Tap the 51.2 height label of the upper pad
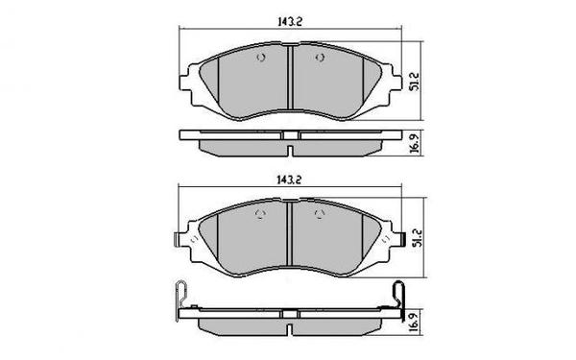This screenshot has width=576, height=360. [x=415, y=76]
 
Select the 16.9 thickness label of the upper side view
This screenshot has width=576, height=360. [x=415, y=142]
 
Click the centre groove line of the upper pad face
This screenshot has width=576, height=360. [x=289, y=77]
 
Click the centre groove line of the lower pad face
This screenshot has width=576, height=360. [x=289, y=235]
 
